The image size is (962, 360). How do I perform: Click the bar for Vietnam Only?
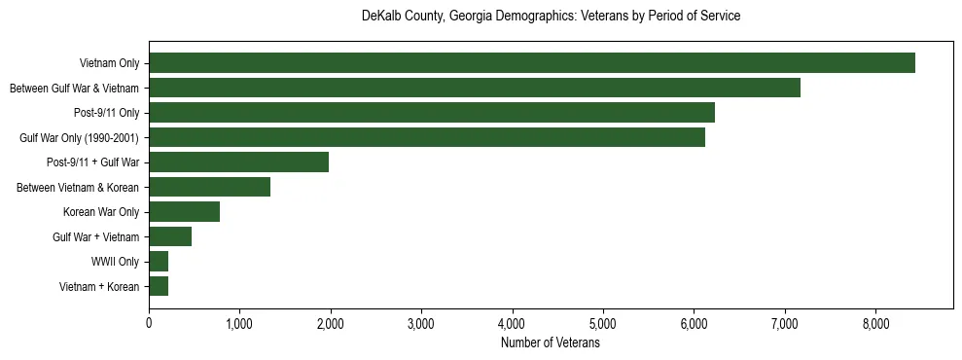531,63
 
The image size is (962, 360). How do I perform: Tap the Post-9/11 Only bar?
431,113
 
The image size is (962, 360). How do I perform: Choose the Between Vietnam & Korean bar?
209,187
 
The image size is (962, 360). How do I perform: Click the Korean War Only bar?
184,212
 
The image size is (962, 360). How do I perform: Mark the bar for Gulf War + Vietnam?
170,236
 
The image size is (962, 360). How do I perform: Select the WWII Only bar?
159,262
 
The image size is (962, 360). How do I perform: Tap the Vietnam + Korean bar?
159,286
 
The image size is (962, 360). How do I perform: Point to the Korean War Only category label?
101,212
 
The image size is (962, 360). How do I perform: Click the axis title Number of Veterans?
550,342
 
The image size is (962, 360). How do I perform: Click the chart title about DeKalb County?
551,17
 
